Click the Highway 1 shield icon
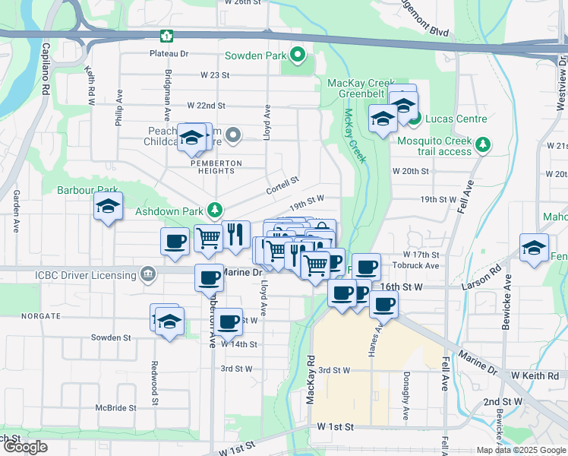166,36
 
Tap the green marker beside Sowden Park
297,55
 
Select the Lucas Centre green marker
414,118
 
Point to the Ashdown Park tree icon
216,209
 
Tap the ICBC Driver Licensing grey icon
148,272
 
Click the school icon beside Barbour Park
108,206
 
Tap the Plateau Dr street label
169,54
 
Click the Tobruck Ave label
416,266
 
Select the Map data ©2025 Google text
520,450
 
